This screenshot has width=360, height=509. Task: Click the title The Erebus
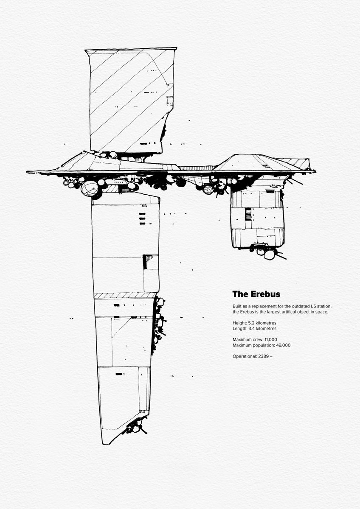pos(256,294)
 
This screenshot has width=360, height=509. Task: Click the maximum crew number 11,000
pos(270,339)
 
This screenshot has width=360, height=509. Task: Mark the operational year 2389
pos(262,356)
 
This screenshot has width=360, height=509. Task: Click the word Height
pos(239,322)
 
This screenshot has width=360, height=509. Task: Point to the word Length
pos(239,328)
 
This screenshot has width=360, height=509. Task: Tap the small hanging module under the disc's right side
pos(257,218)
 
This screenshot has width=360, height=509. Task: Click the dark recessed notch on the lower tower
pos(148,261)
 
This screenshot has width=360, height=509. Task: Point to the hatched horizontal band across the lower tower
pos(125,295)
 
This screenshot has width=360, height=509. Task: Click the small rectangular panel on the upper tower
pos(170,101)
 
